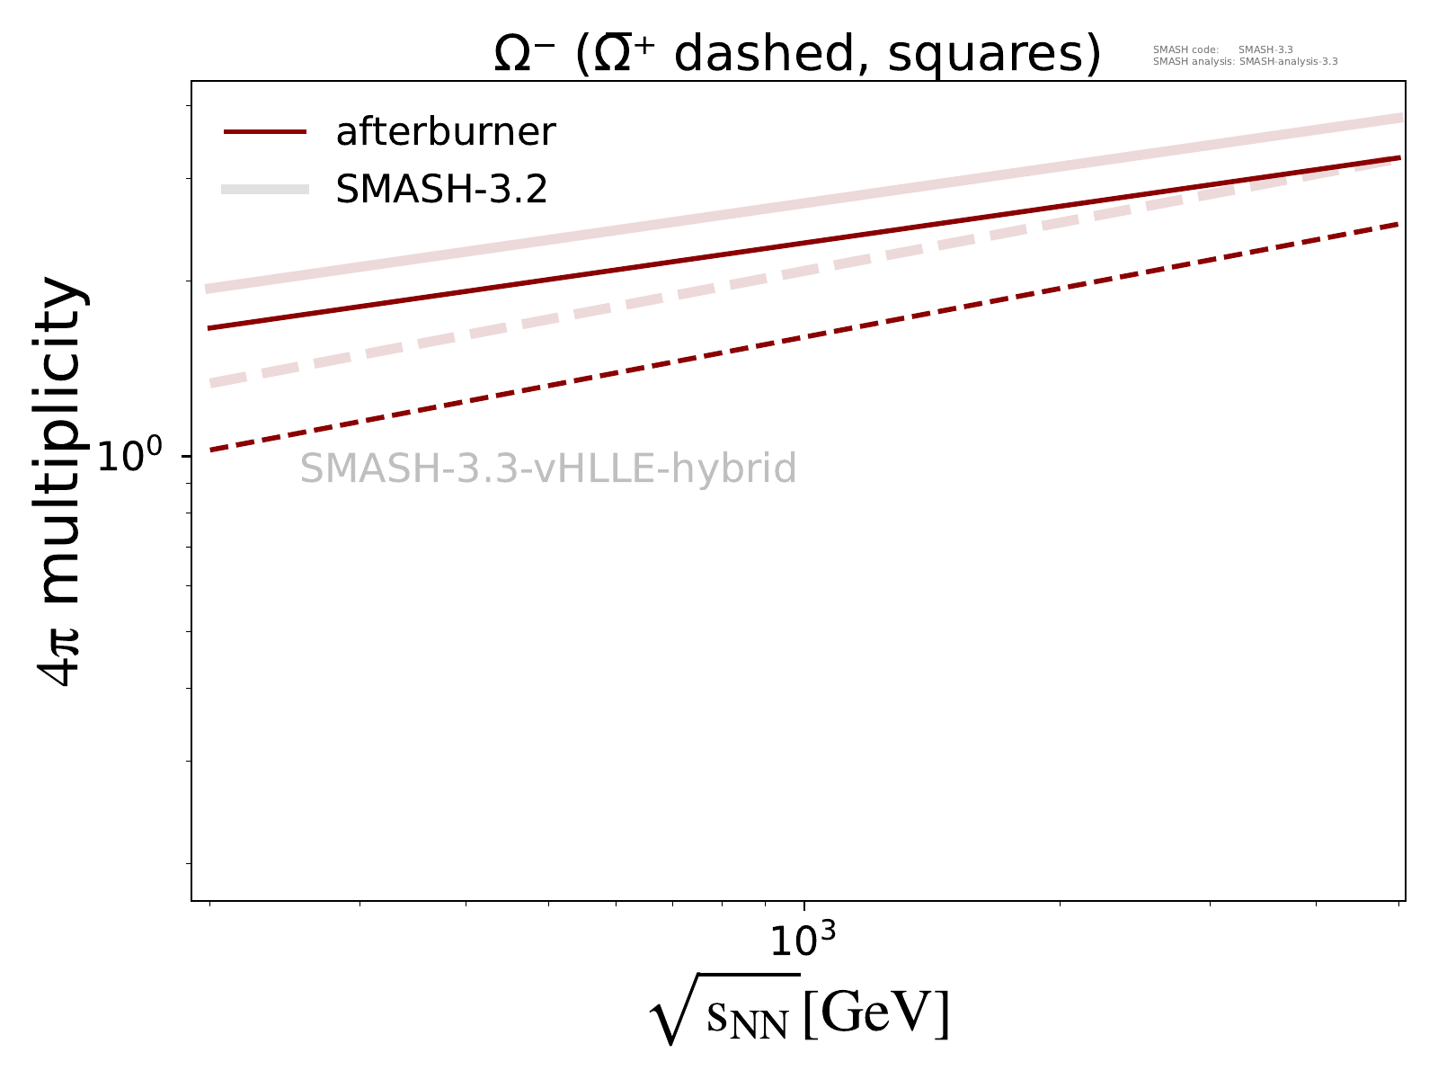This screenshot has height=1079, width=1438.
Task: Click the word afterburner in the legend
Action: pos(446,132)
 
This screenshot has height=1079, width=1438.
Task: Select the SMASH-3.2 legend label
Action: pos(441,189)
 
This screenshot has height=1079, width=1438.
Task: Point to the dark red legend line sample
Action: pos(265,132)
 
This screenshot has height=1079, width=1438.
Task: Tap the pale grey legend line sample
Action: pos(265,189)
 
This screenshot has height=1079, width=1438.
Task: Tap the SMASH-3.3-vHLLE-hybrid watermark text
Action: pos(548,468)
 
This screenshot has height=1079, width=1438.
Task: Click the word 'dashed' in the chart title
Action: pos(770,56)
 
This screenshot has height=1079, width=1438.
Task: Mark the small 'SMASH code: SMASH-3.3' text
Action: pos(1222,49)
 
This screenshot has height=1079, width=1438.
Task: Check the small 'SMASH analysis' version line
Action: pos(1245,62)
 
